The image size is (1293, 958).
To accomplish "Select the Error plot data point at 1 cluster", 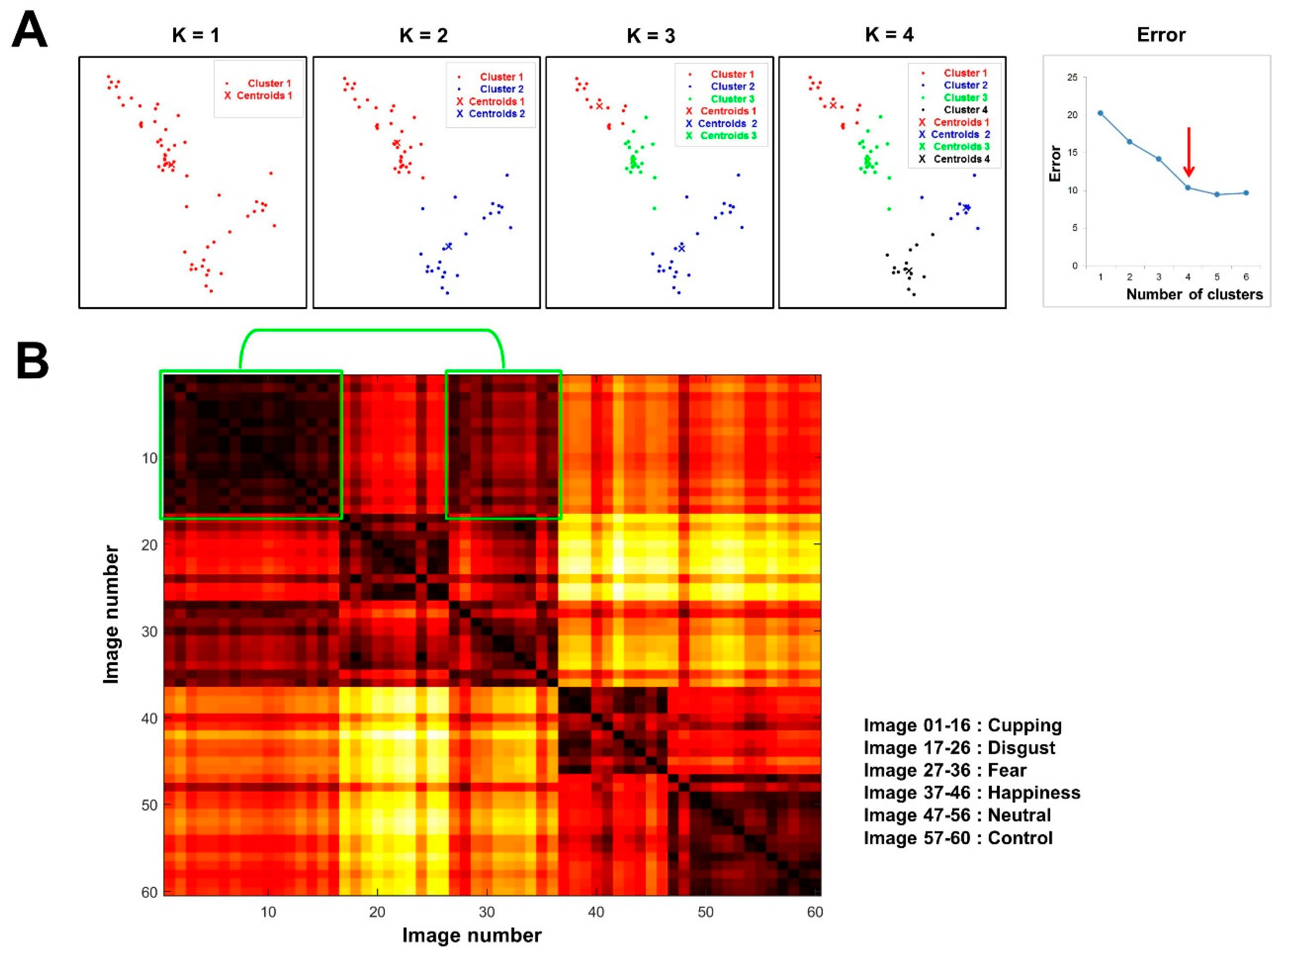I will tap(1100, 113).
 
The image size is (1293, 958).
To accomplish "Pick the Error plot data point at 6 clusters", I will tap(1246, 193).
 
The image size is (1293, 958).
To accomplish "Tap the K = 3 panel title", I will tap(650, 36).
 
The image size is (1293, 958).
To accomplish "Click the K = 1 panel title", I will tap(196, 36).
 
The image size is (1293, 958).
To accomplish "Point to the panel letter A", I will tap(29, 32).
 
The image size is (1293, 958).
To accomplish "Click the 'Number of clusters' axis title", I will tap(1194, 295).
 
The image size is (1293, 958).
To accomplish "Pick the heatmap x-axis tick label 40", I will tap(596, 912).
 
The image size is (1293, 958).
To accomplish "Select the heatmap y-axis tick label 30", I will tap(149, 631).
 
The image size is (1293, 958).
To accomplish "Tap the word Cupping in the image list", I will tap(1024, 726).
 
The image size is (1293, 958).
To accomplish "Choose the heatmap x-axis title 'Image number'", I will tap(472, 936).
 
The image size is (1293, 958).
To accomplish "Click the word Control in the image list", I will tap(1020, 838).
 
